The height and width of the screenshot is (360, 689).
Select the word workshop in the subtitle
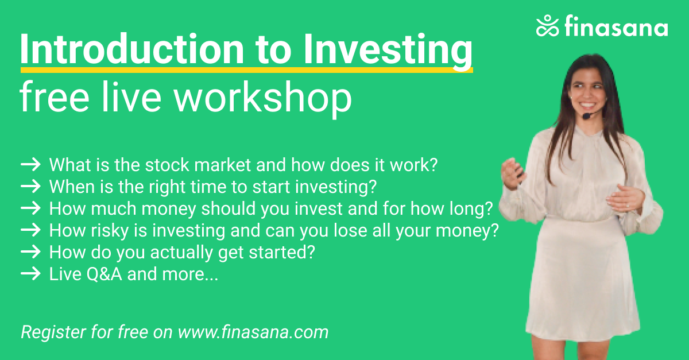tap(263, 98)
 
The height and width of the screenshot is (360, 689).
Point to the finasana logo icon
tap(547, 25)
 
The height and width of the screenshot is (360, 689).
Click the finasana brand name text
tap(616, 26)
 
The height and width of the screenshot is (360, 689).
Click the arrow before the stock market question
tap(31, 165)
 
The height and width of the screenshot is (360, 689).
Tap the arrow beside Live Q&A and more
tap(31, 274)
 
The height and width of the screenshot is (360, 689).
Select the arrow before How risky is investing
tap(31, 230)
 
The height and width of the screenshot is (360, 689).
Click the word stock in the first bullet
tap(167, 165)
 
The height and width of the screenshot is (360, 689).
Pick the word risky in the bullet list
tap(110, 231)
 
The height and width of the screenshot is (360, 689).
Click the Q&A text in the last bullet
tap(104, 274)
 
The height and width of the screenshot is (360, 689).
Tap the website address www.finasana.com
tap(253, 332)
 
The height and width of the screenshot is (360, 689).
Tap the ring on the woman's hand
tap(628, 206)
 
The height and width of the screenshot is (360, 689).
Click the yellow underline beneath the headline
tap(247, 70)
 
